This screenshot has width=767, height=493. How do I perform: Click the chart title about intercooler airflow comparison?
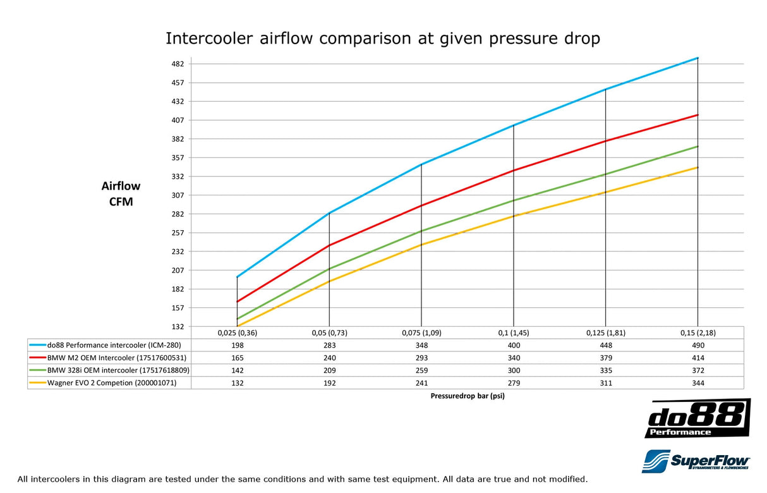[x=383, y=39]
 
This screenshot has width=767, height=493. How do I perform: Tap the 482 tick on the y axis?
[x=178, y=64]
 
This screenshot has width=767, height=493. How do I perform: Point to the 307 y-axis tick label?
[x=178, y=195]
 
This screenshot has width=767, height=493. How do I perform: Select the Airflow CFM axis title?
[x=121, y=194]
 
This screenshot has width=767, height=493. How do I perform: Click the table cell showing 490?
[x=698, y=345]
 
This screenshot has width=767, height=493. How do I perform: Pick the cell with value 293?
[x=421, y=358]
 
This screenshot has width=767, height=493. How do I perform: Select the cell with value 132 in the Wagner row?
[x=238, y=383]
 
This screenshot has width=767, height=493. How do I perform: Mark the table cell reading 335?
[x=605, y=370]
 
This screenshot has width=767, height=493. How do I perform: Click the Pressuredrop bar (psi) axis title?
[x=468, y=396]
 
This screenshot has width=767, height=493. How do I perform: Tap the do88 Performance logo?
[x=698, y=418]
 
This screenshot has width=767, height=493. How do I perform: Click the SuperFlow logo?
[x=696, y=461]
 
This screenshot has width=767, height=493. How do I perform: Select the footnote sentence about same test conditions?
[x=303, y=479]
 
